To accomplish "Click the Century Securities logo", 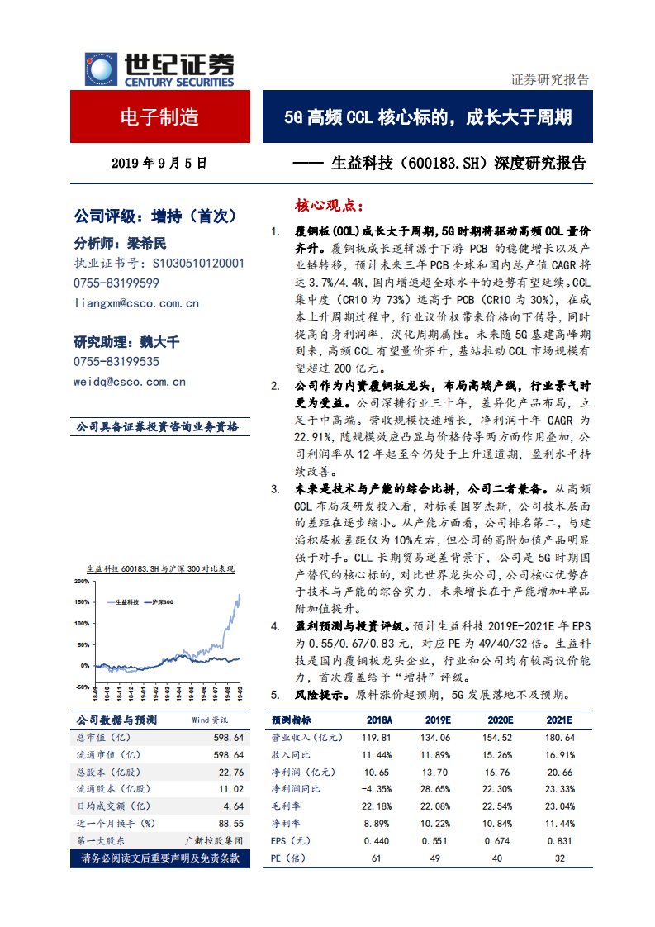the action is point(159,69).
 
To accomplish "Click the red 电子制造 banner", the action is point(160,116).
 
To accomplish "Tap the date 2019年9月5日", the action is point(159,164).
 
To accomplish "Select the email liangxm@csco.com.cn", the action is point(136,303).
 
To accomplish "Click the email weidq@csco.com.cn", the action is point(130,382).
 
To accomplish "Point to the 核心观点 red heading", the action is point(328,205).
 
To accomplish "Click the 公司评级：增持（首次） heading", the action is point(155,216).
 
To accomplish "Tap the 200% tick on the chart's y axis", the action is point(81,581).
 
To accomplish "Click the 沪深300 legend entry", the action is point(160,602).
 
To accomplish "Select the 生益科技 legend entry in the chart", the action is point(124,602).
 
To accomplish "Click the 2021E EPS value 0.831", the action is point(558,840).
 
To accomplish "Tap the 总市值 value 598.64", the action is point(228,738).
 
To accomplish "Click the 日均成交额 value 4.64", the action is point(233,806).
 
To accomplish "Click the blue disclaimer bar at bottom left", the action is point(159,858).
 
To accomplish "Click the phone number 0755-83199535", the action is point(116,362).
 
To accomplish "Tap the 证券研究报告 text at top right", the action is point(550,80).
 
